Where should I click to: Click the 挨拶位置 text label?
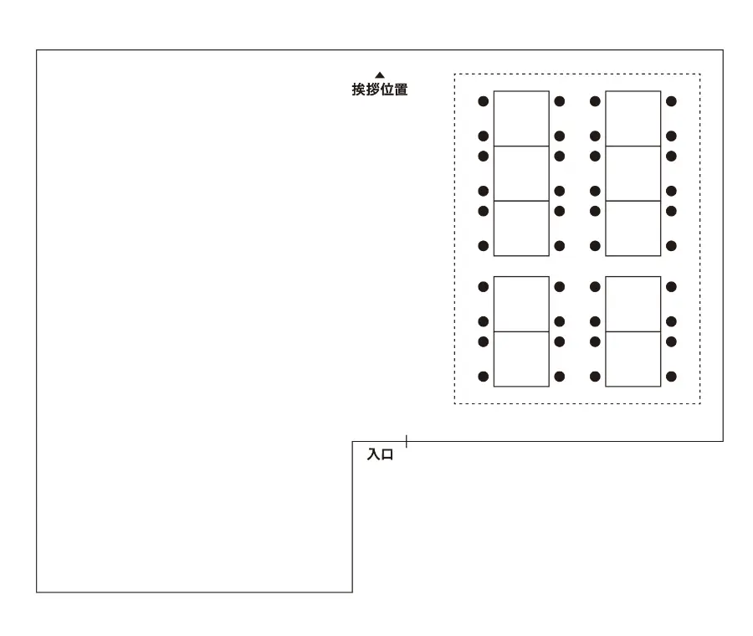point(380,90)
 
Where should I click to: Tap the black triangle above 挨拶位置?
point(380,75)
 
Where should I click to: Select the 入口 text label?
point(380,455)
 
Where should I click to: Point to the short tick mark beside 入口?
point(407,440)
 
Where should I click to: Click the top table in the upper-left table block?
point(521,118)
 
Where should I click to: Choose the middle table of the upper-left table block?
point(521,173)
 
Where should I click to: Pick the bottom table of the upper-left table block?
point(521,228)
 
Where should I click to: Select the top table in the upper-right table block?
point(633,118)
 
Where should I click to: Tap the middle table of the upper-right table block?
point(633,173)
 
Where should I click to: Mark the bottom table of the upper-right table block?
point(633,228)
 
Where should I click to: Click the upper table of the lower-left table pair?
point(521,304)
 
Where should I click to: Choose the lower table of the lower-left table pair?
point(521,359)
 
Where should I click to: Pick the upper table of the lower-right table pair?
point(633,304)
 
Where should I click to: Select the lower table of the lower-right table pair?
point(633,359)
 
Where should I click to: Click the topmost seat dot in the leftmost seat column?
point(483,101)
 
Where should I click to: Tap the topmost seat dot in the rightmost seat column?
point(671,101)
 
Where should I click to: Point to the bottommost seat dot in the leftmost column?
point(483,377)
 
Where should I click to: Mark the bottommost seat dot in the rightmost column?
point(671,377)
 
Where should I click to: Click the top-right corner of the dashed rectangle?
point(699,74)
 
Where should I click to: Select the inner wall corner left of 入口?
point(352,441)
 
